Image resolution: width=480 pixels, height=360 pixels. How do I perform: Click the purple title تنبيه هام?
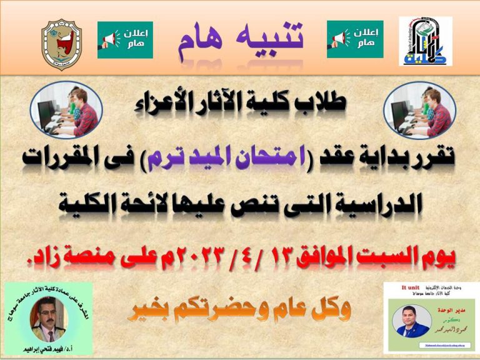coord(240,39)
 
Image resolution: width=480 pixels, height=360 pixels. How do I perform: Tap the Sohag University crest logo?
coord(61,42)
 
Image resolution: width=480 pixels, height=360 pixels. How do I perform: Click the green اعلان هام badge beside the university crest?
coord(125,40)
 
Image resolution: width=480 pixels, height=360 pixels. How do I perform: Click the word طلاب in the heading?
coord(322,104)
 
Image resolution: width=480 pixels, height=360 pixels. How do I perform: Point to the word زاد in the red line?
coord(52,252)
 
